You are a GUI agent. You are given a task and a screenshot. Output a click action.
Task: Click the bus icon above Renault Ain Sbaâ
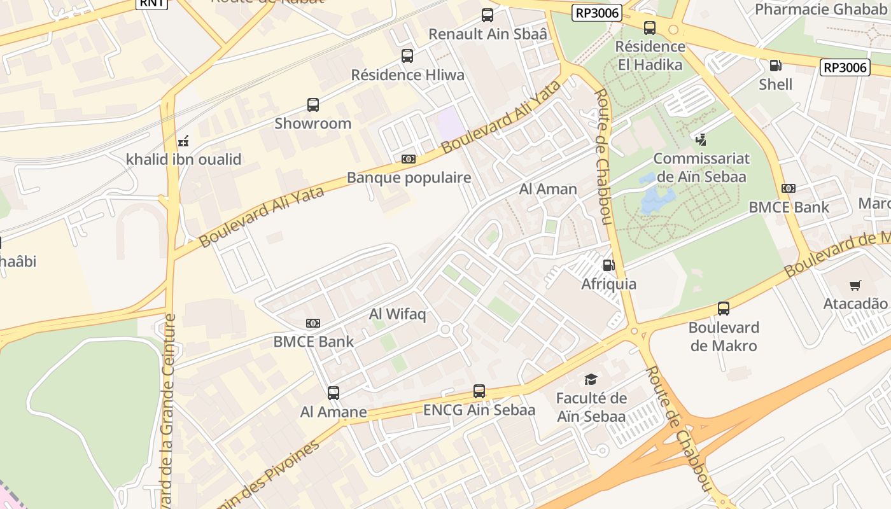click(488, 15)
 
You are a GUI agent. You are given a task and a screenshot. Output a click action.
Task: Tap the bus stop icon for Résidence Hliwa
click(407, 56)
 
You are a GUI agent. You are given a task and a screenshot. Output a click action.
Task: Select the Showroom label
click(312, 123)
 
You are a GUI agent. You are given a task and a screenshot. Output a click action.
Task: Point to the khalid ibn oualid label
click(183, 159)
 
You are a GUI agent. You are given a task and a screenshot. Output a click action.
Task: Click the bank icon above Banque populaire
click(408, 159)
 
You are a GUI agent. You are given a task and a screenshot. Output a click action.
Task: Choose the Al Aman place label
click(548, 189)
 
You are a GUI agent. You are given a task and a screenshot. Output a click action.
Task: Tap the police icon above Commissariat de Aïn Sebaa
click(701, 139)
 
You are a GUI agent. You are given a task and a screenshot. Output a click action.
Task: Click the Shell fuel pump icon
click(775, 66)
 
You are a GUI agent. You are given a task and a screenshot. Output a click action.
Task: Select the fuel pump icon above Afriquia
click(608, 265)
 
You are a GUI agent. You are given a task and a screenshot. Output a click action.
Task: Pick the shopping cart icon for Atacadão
click(855, 286)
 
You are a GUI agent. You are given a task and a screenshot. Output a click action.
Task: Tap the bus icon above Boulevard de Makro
click(724, 309)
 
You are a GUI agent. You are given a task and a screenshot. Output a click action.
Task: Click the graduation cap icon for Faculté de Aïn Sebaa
click(591, 380)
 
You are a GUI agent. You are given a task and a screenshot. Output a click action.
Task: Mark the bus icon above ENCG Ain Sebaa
click(479, 391)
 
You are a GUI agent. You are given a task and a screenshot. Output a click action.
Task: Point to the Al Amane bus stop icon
click(333, 393)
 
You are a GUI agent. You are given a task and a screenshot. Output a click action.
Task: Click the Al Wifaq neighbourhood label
click(397, 314)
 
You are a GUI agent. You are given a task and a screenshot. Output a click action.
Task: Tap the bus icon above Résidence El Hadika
click(649, 28)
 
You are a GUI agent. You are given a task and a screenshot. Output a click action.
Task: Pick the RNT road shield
click(151, 3)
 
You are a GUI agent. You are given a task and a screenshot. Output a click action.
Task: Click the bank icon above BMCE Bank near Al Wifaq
click(313, 323)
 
